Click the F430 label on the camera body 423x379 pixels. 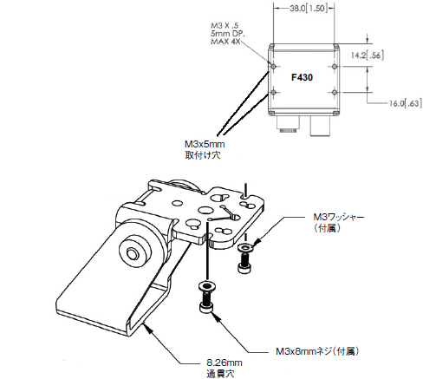tap(302, 77)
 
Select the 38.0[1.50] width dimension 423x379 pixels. tap(309, 9)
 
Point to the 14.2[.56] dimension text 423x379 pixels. tap(368, 56)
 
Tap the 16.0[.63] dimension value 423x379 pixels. tap(405, 103)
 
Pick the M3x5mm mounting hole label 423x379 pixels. tap(205, 149)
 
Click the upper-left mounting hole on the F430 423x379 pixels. tap(274, 67)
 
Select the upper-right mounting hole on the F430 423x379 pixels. tap(335, 67)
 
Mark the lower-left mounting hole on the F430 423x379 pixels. tap(274, 93)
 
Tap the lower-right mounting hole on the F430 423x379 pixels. tap(335, 93)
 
